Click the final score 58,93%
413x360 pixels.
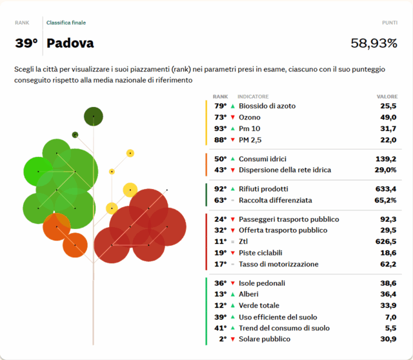point(374,44)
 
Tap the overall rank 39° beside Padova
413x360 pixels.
point(26,44)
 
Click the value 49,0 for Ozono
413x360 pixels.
point(387,117)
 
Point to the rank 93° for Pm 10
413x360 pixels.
point(220,129)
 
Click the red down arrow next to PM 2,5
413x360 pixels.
point(232,140)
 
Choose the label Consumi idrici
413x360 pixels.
point(262,159)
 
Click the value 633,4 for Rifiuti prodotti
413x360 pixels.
point(385,189)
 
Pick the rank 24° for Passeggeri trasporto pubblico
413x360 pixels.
point(220,219)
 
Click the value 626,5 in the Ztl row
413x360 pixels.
point(385,241)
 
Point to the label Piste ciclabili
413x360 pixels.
point(261,253)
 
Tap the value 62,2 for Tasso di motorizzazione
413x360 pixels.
point(387,264)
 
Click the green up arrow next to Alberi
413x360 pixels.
point(232,294)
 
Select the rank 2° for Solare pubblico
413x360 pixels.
point(222,339)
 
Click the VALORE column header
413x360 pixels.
point(387,97)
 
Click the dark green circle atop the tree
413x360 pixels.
point(94,116)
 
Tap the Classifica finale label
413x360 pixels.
point(66,23)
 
